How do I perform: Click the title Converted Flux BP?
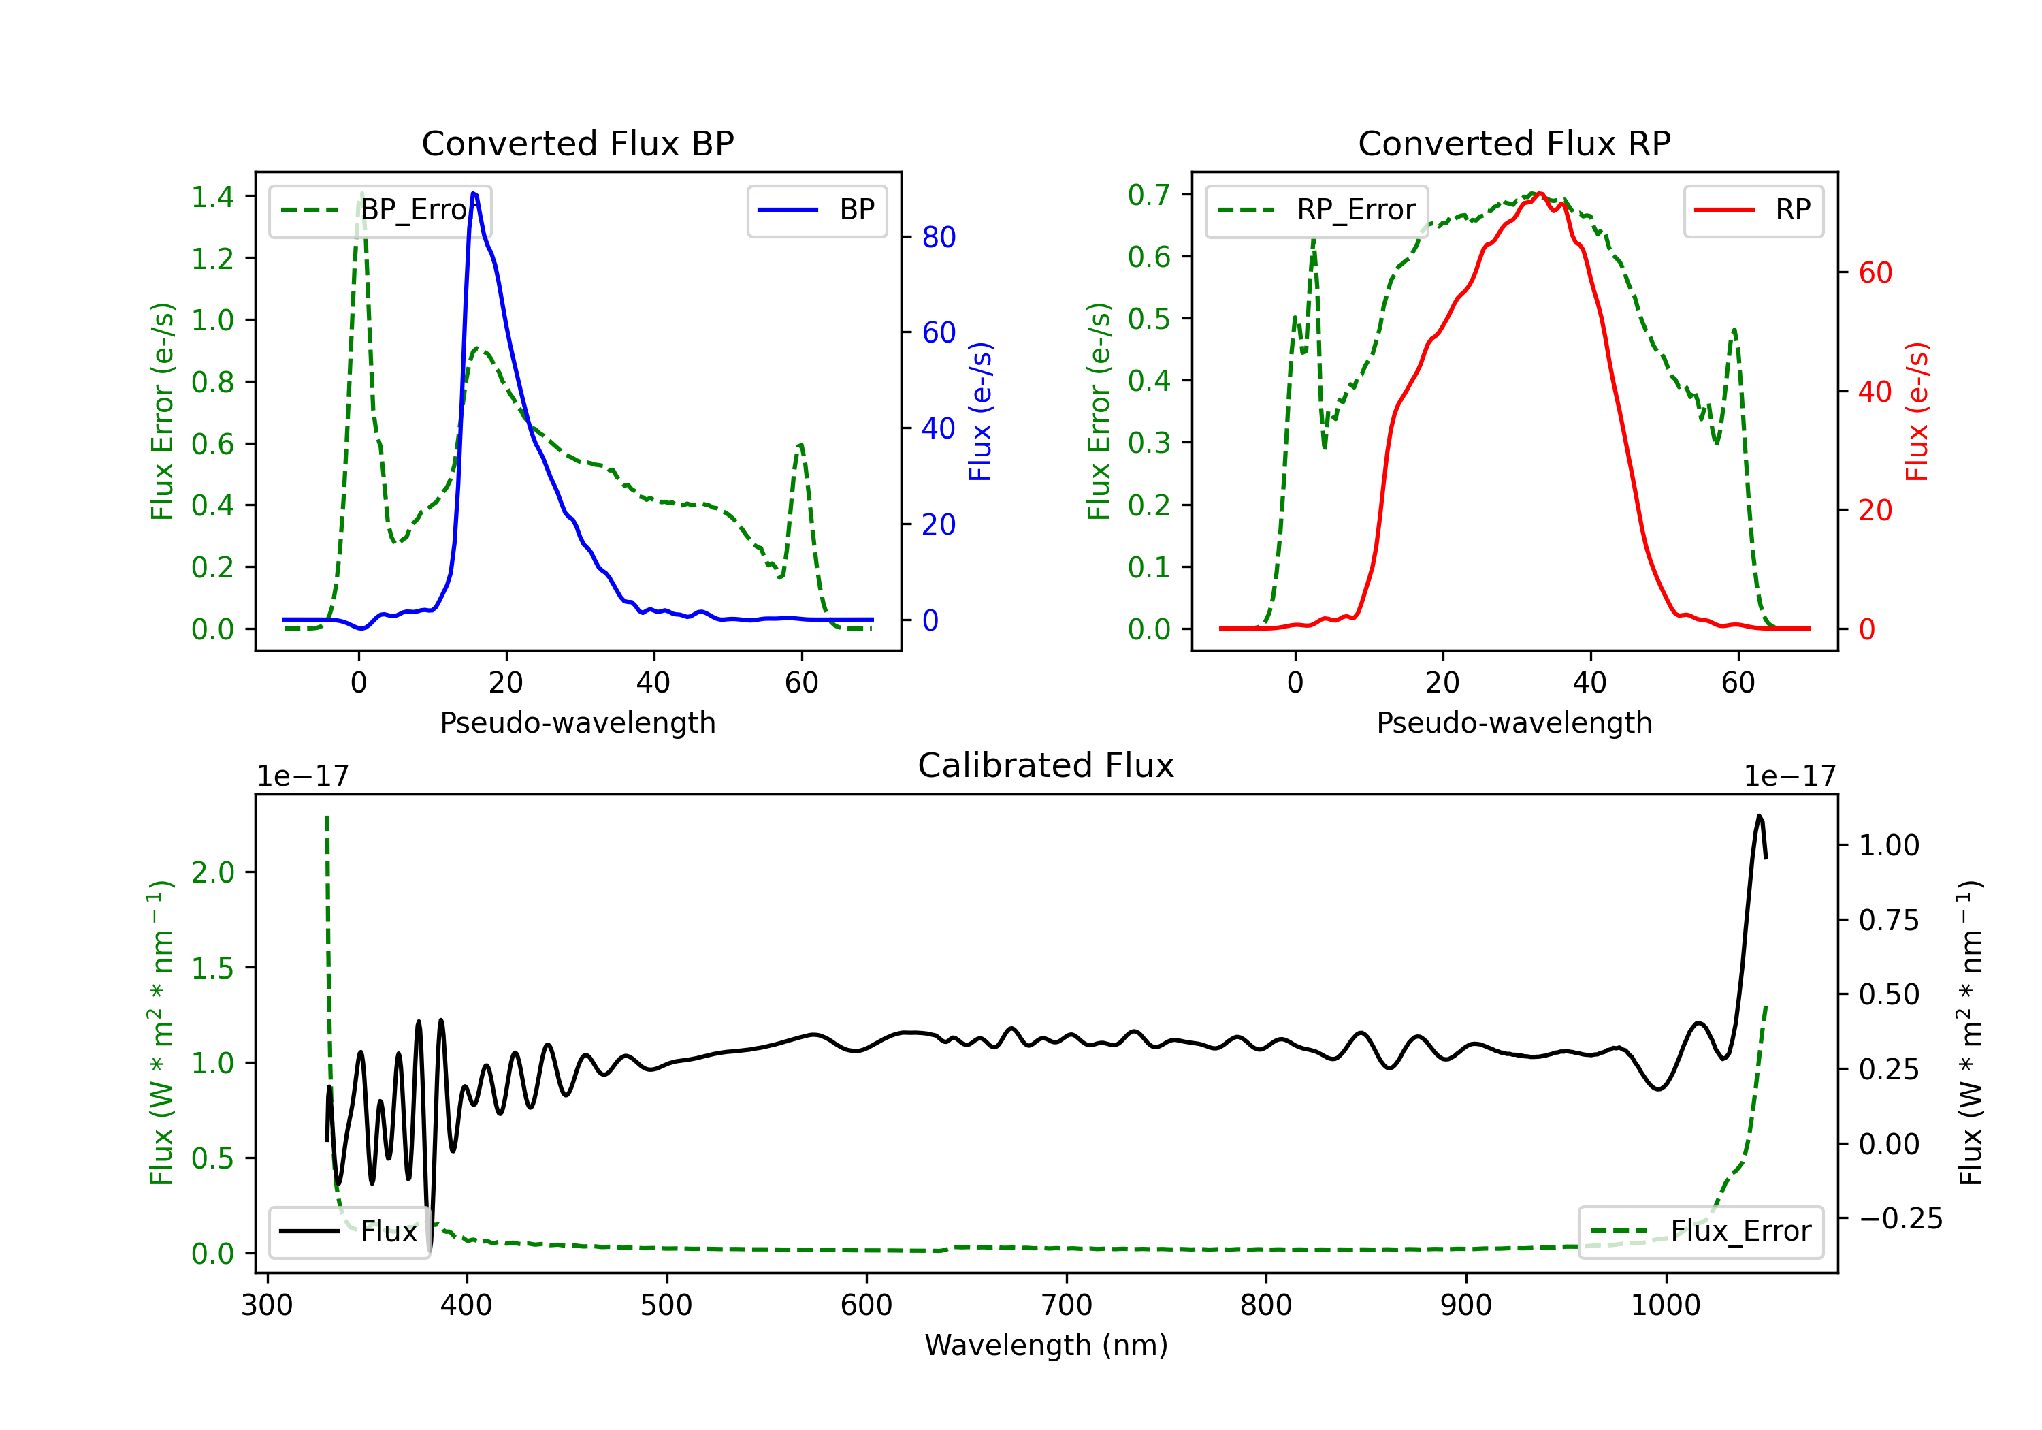577,143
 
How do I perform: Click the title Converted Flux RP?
1514,143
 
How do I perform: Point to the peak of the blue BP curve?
473,193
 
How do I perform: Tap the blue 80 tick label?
938,238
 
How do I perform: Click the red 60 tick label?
1875,273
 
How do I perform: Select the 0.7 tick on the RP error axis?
1149,195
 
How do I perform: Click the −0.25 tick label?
1900,1218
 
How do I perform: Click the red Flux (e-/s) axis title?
1917,411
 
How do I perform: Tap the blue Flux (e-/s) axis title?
980,411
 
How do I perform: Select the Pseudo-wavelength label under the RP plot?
1514,722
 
